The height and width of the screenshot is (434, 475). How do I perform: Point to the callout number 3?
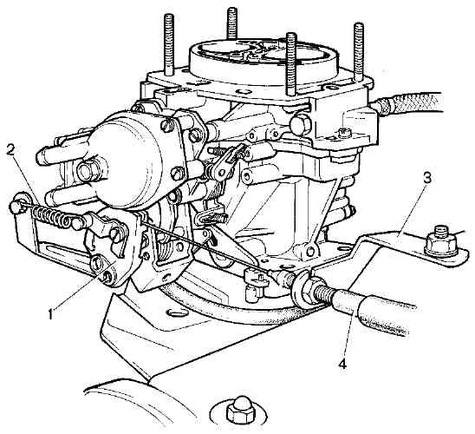pos(426,178)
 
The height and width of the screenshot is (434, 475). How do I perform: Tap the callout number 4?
pos(342,363)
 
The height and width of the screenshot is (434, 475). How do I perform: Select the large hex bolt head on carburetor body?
pos(300,123)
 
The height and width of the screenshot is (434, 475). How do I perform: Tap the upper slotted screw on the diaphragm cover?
pos(168,126)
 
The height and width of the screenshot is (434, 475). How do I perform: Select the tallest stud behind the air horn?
pos(231,23)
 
